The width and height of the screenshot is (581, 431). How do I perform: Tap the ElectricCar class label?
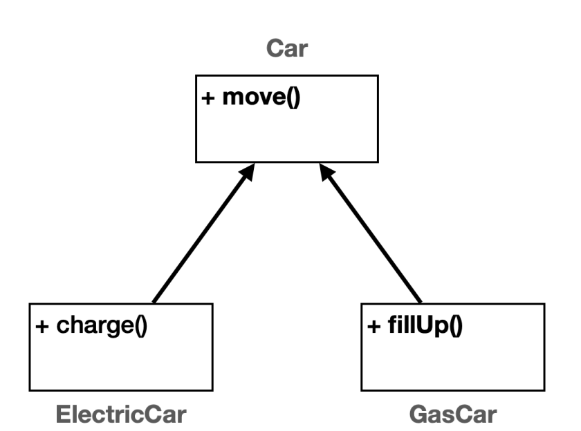coord(121,414)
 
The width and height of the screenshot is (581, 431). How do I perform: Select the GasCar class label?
coord(453,414)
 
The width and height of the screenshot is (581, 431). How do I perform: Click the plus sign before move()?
coord(207,97)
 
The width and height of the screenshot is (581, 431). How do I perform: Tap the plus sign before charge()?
coord(41,324)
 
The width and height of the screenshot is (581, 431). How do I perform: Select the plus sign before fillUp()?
coord(373,324)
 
